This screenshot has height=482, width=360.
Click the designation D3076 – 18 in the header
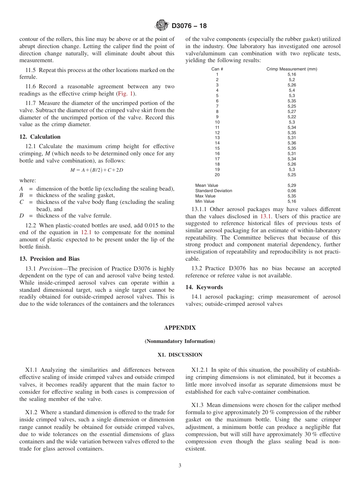(x=189, y=26)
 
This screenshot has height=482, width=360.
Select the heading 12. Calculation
(x=40, y=137)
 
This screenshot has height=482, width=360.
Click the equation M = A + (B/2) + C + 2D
(x=97, y=170)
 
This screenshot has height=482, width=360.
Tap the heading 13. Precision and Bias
(x=49, y=259)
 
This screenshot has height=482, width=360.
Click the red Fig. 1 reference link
(x=125, y=94)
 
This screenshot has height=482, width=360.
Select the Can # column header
(x=217, y=69)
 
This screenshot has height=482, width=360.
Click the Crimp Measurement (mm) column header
(x=291, y=69)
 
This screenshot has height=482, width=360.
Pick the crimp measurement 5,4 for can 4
(x=291, y=91)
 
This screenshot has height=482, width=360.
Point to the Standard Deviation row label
(x=213, y=191)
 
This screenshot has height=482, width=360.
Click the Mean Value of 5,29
(x=291, y=186)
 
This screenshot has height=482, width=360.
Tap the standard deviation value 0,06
(x=291, y=191)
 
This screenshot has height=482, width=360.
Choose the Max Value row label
(x=205, y=196)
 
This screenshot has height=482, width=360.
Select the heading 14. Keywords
(x=204, y=287)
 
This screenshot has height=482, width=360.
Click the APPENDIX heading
(x=180, y=328)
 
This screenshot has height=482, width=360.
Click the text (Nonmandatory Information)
(x=180, y=341)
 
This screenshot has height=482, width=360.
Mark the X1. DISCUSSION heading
(x=180, y=355)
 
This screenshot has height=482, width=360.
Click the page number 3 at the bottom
(x=180, y=466)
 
